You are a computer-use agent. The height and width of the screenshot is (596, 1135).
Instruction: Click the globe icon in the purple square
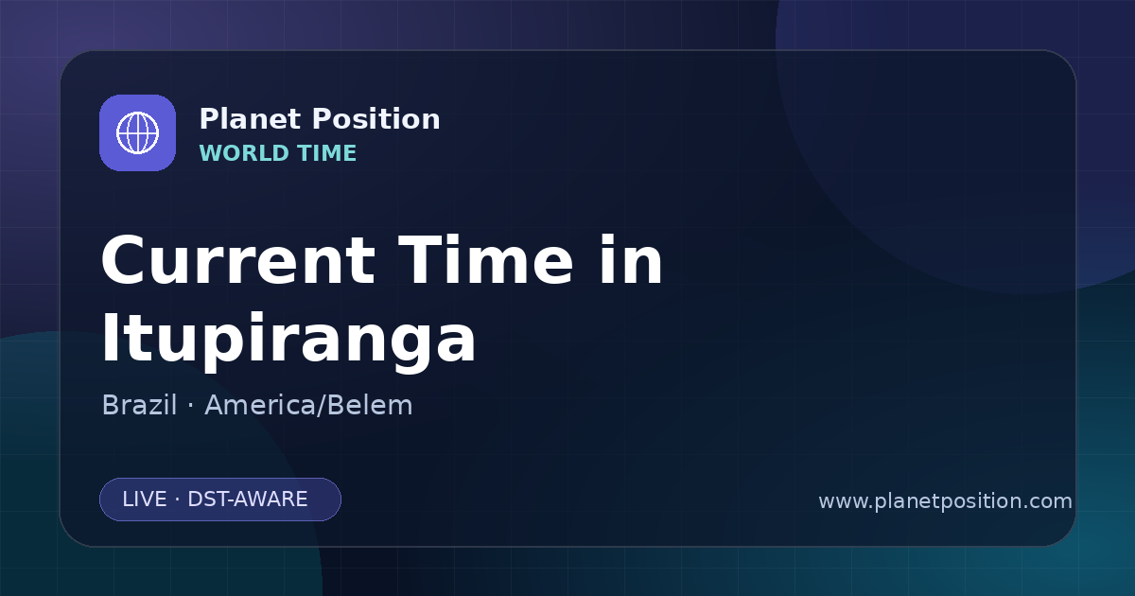coord(137,132)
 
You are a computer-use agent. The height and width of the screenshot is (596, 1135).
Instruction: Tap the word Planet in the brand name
coord(251,119)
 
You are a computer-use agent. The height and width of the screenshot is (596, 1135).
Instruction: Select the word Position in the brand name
coord(376,119)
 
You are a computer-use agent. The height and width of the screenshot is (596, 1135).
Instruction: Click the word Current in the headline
coord(238,260)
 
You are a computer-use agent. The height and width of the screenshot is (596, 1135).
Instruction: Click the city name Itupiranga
coord(288,339)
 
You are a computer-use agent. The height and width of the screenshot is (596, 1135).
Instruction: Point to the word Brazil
coord(139,405)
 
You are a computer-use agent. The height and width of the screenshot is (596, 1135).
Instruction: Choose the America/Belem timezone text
coord(308,405)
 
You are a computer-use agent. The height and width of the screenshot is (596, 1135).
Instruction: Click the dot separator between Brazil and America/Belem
coord(190,406)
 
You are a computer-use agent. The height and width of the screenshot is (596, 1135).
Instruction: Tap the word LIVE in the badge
coord(145,500)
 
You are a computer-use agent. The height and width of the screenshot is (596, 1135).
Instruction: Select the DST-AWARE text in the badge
coord(247,500)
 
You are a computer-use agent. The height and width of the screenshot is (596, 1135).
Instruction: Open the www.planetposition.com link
coord(946,501)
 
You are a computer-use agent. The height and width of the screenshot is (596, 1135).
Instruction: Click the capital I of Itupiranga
coord(110,338)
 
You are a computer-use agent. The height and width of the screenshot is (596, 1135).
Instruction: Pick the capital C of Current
coord(124,260)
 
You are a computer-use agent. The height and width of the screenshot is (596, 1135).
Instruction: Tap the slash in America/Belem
coord(321,406)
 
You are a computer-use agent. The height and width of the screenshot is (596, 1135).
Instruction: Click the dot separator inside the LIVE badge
coord(178,500)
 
